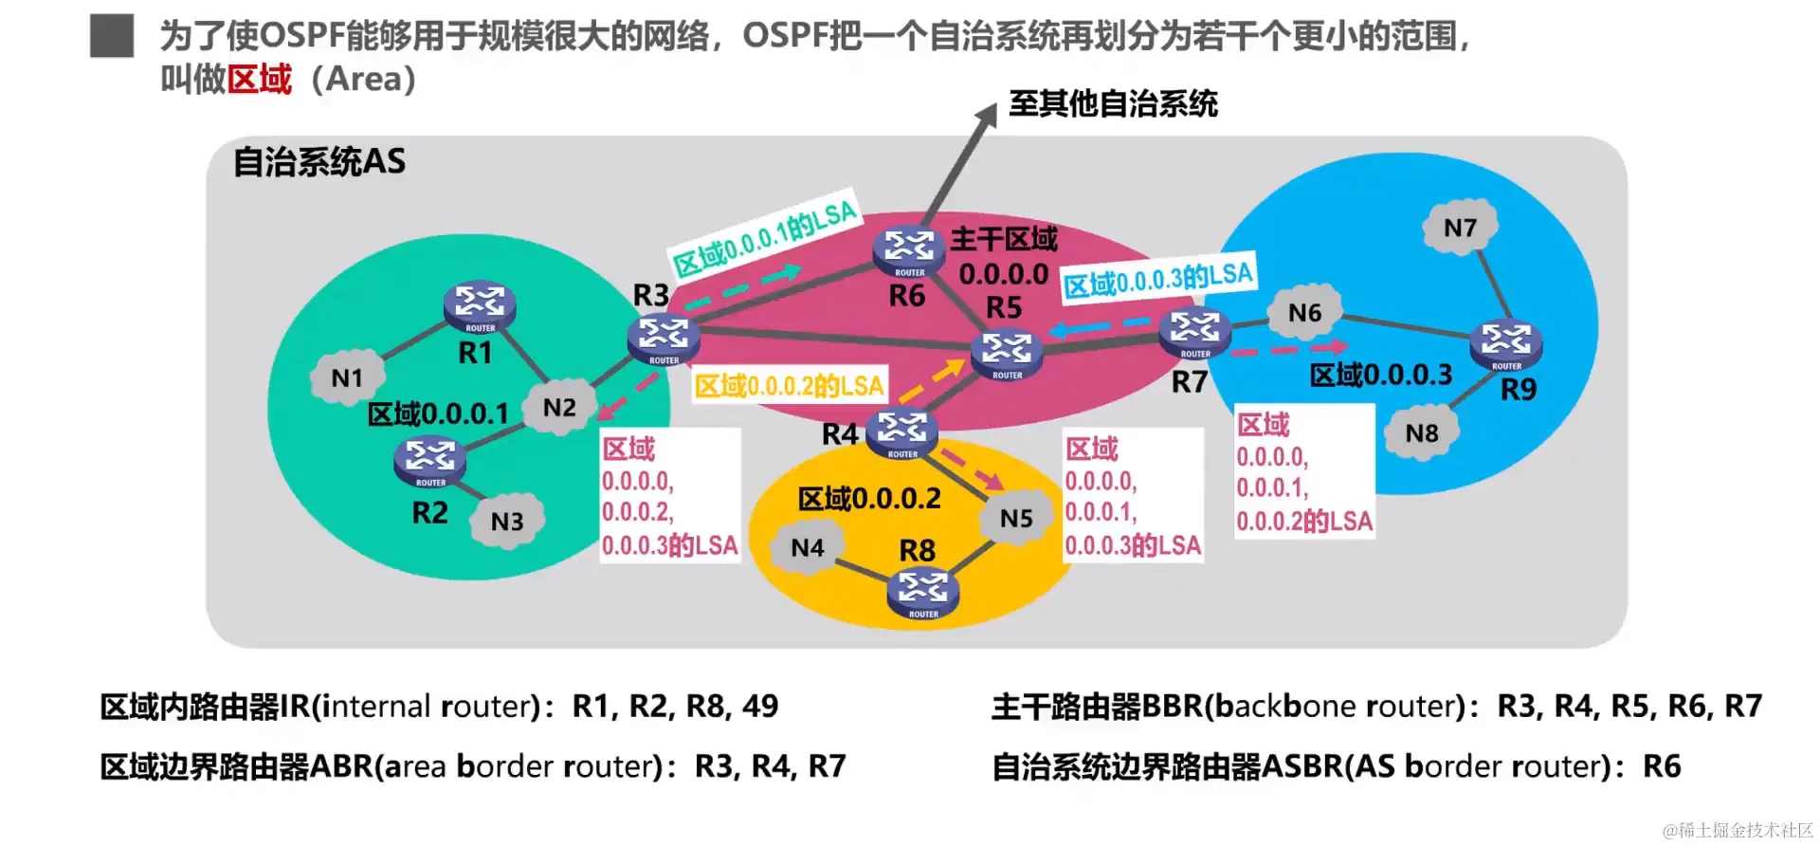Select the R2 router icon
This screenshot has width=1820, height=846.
click(x=429, y=461)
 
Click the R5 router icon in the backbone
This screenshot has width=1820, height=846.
click(x=1007, y=354)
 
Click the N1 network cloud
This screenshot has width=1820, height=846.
click(x=347, y=378)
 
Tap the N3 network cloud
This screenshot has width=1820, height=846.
click(x=507, y=521)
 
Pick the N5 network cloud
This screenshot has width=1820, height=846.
click(x=1016, y=518)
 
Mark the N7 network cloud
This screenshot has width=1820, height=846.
click(x=1460, y=228)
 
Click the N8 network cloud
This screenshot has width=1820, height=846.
click(x=1421, y=433)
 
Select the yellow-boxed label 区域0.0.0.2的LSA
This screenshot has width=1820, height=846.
click(x=790, y=385)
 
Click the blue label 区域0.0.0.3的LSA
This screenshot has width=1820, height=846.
click(x=1158, y=278)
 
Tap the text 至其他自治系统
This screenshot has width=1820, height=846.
click(x=1113, y=103)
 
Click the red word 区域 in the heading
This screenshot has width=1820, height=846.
click(x=260, y=79)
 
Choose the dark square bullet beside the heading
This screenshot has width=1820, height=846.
click(x=112, y=36)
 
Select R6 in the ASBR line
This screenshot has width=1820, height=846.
click(x=1661, y=766)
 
